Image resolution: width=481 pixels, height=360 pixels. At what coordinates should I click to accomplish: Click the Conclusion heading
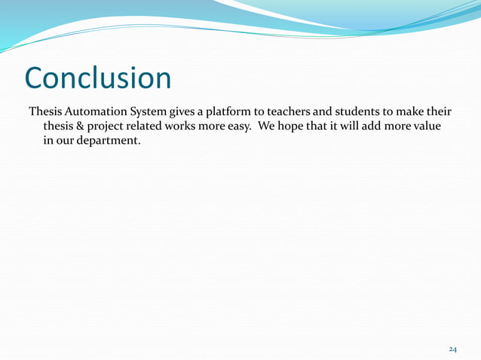click(x=98, y=78)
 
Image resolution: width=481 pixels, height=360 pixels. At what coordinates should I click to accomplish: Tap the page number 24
click(x=453, y=349)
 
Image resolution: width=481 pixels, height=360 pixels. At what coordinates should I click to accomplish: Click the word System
click(x=155, y=112)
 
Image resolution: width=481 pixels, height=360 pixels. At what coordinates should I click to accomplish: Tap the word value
click(x=436, y=126)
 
